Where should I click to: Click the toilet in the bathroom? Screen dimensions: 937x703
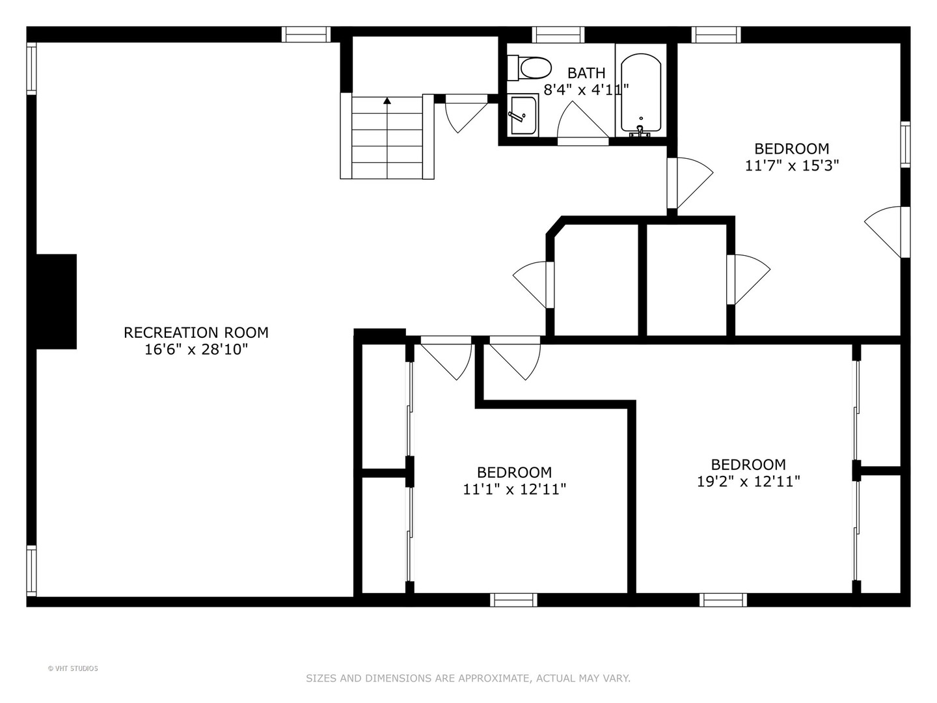[529, 68]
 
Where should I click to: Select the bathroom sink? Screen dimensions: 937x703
[523, 115]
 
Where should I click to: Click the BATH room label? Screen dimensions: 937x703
[586, 73]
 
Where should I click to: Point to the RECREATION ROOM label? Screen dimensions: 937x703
[196, 333]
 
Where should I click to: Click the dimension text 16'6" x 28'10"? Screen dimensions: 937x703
[196, 350]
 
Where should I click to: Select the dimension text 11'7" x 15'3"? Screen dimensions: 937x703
[792, 165]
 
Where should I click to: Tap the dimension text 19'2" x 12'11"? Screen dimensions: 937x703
[748, 482]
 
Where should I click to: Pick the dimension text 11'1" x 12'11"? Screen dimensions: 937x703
[515, 489]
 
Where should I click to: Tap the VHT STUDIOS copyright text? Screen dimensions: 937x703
[73, 669]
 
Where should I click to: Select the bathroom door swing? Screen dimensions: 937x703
[582, 120]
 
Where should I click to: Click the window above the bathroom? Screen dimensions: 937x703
[558, 34]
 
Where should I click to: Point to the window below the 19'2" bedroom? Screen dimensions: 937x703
[723, 600]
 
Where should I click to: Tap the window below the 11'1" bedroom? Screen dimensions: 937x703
[513, 600]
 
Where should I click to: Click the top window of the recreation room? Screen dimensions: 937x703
[306, 34]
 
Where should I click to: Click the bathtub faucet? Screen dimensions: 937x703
[640, 131]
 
